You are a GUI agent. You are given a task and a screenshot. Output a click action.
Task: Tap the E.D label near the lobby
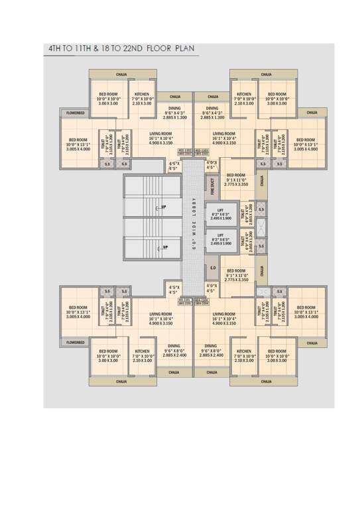click(213, 268)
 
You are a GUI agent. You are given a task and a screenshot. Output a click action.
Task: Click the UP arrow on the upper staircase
click(162, 208)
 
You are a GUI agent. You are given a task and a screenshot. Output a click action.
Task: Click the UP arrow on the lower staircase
click(162, 247)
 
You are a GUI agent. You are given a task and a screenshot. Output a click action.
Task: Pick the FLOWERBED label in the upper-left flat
click(75, 113)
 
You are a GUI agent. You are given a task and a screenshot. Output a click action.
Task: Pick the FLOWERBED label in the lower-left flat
click(75, 342)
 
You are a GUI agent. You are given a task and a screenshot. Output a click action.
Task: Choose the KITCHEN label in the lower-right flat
click(244, 351)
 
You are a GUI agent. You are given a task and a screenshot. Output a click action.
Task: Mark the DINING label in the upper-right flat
click(212, 108)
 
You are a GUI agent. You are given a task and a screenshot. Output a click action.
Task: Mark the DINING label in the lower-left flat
click(174, 345)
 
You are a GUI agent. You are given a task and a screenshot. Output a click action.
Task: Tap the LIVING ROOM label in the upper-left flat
click(161, 133)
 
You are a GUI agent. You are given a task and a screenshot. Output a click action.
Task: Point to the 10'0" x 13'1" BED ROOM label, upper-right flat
click(306, 140)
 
